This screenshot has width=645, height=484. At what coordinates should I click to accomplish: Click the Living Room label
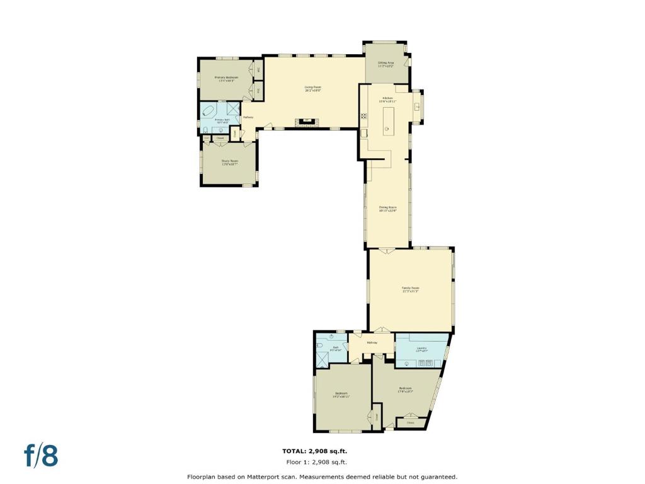coord(313,89)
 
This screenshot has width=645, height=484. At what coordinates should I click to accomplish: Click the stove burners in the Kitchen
coord(363,116)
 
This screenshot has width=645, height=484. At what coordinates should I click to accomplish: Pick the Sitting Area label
coord(385,64)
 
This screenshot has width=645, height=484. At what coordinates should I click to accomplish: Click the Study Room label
coord(229,161)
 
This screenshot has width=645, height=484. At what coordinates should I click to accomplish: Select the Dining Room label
coord(387,209)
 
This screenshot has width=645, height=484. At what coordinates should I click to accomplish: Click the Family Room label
coord(411,289)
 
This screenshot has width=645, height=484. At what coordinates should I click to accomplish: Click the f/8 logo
coord(42,456)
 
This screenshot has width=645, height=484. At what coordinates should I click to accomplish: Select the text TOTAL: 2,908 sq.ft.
coord(314,451)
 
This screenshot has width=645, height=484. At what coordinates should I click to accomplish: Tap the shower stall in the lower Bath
coord(323,359)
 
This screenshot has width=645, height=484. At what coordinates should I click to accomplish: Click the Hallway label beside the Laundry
coord(372,342)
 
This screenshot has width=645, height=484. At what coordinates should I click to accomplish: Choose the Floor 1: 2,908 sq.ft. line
coord(314,461)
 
